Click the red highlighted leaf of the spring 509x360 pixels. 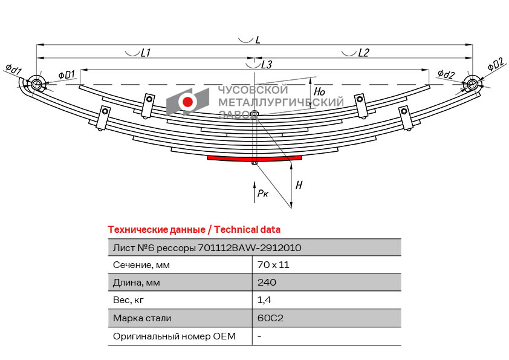pos(254,158)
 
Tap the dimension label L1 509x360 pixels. pos(145,53)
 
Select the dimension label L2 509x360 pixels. pos(363,53)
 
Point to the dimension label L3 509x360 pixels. pos(267,64)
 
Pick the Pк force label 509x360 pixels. pos(262,194)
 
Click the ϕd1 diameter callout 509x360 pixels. pos(13,70)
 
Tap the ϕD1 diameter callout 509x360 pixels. pos(66,74)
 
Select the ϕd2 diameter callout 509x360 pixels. pos(446,75)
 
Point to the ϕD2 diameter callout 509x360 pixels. pos(495,64)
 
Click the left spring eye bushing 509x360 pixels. pos(36,85)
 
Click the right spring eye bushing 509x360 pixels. pos(472,85)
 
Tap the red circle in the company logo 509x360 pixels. pos(188,102)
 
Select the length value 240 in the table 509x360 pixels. pos(267,283)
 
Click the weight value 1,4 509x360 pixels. pos(263,300)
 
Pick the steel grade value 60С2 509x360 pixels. pos(269,318)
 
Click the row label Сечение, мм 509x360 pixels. pos(141,265)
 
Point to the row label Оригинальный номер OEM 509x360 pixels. pos(174,336)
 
